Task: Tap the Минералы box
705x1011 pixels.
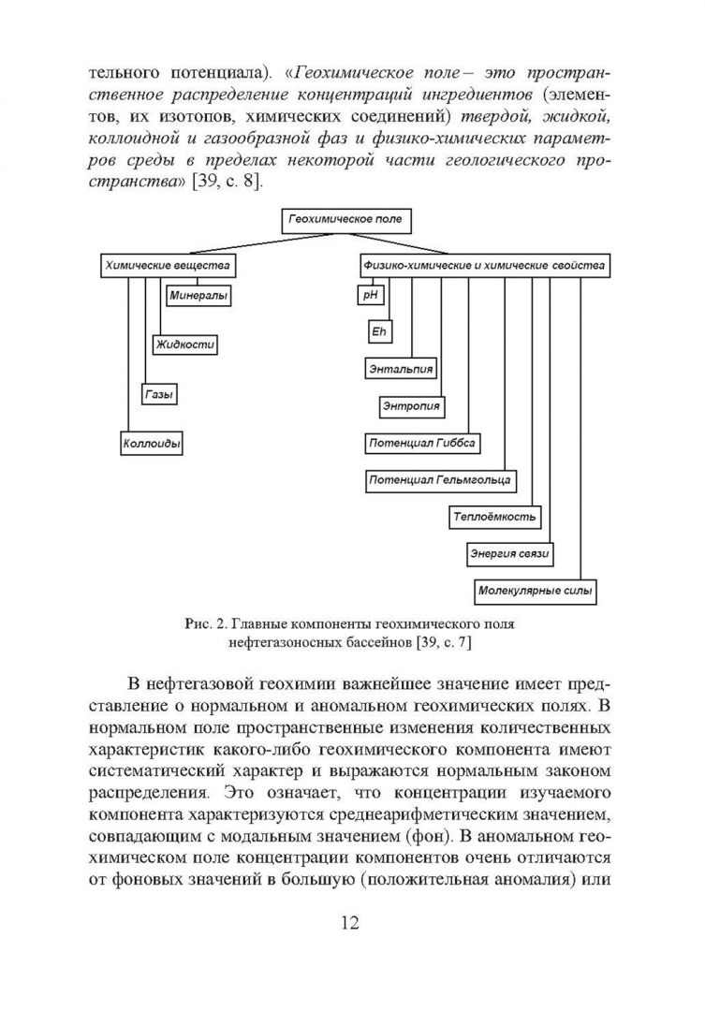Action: [198, 297]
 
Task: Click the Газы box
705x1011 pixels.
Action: [159, 395]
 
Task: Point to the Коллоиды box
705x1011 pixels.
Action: [152, 443]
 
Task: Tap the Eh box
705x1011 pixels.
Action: [379, 332]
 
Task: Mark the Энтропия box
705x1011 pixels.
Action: [411, 407]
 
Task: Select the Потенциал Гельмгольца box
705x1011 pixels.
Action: [438, 480]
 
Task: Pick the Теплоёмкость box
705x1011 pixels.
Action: [494, 517]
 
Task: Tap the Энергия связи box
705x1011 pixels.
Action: [509, 554]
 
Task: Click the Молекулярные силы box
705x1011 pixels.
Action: [536, 592]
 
